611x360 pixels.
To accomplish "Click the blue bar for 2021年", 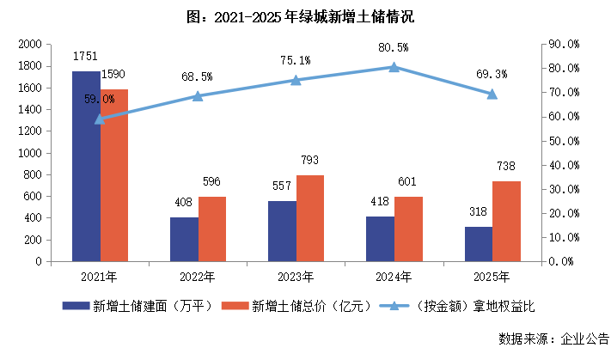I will coord(86,167).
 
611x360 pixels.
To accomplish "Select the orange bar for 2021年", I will coord(114,175).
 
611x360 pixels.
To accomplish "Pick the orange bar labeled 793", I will coord(310,218).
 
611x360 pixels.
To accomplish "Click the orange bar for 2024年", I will coord(408,229).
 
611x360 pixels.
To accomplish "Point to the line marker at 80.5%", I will coord(394,67).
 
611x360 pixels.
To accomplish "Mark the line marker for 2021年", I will coord(100,119).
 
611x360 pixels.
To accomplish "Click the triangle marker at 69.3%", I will coord(492,94).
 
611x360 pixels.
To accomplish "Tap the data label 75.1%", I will coord(295,60).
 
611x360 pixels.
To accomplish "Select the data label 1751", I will coord(85,56).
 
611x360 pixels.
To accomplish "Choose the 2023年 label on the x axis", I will coord(296,276).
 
